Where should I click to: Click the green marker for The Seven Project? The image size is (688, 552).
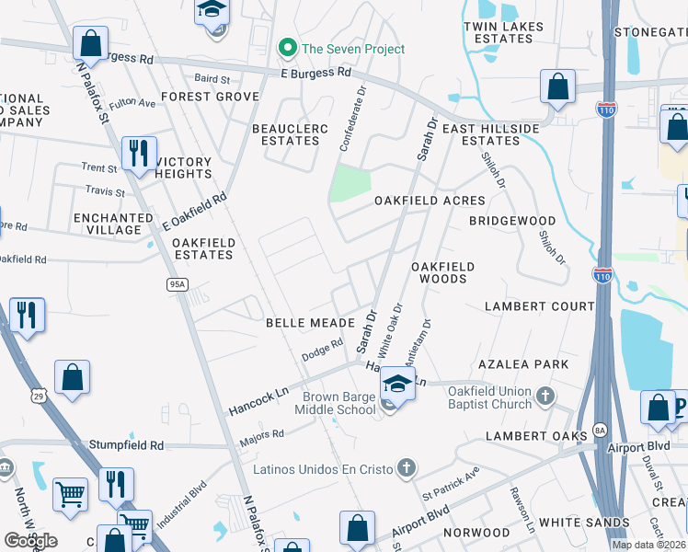pyautogui.click(x=287, y=49)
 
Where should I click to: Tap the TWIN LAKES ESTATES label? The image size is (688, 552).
pyautogui.click(x=498, y=34)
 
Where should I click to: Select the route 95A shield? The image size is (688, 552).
pyautogui.click(x=178, y=285)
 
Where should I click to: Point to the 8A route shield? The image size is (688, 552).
pyautogui.click(x=601, y=429)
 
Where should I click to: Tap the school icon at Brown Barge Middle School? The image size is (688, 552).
pyautogui.click(x=397, y=385)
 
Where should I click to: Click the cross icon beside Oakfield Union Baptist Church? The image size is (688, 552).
pyautogui.click(x=545, y=397)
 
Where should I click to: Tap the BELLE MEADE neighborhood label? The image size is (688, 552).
pyautogui.click(x=310, y=323)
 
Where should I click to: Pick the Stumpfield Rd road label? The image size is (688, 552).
pyautogui.click(x=126, y=445)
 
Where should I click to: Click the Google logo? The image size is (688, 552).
pyautogui.click(x=30, y=540)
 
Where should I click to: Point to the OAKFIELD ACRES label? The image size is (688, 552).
pyautogui.click(x=430, y=201)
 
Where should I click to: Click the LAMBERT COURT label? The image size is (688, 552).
pyautogui.click(x=540, y=305)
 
